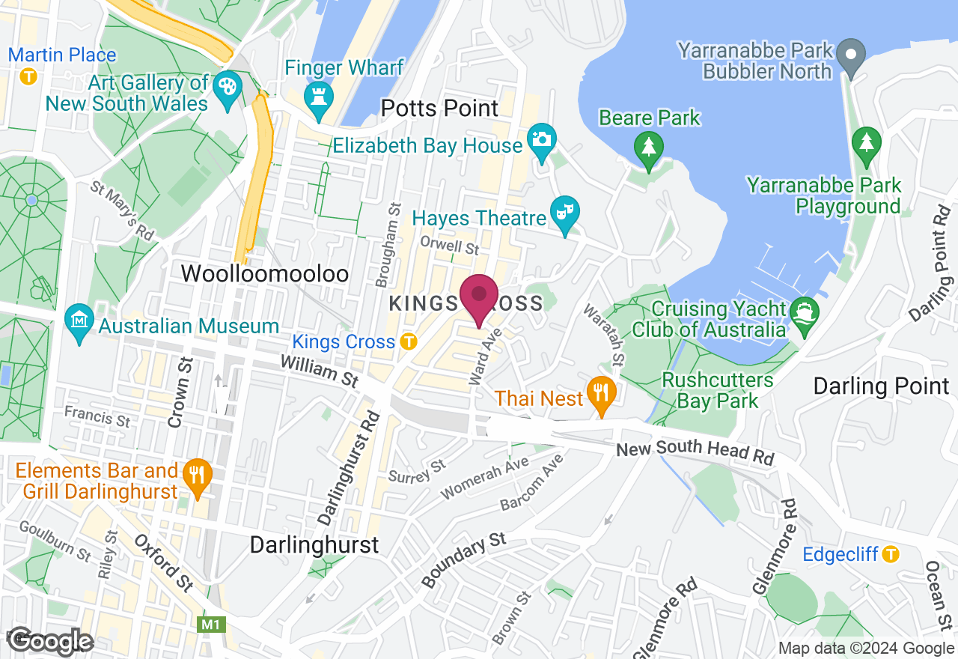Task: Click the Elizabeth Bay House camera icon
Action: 542,139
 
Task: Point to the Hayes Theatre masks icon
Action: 564,212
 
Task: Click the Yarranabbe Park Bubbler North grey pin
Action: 851,54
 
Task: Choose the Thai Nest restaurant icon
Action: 600,391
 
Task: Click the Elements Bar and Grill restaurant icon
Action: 197,473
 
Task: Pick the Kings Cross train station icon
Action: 408,341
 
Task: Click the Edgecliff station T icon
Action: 890,554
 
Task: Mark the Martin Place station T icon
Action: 28,76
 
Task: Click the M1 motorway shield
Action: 207,623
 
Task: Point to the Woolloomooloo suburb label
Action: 265,274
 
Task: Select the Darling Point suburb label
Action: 881,386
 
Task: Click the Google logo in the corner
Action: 51,641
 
